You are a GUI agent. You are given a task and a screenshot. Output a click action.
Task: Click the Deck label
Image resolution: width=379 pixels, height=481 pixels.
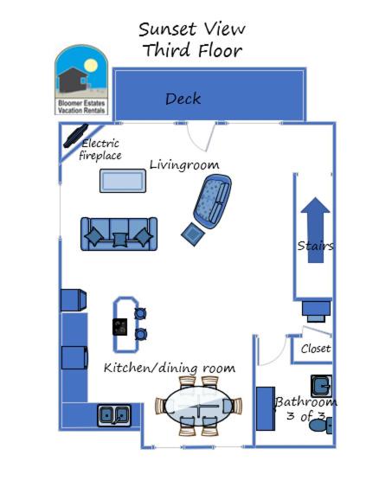point(183,99)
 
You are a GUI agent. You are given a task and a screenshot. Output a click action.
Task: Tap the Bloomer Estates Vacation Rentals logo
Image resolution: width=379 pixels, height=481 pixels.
point(81,80)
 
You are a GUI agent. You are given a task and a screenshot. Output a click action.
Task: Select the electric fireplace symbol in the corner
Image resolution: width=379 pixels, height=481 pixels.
point(75,136)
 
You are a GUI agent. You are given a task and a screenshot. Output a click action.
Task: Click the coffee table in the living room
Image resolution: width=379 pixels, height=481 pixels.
point(123,181)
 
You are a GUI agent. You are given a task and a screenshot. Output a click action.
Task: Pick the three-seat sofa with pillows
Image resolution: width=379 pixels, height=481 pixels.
point(119,234)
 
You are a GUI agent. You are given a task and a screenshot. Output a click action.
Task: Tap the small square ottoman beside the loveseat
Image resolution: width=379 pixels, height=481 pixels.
point(193,234)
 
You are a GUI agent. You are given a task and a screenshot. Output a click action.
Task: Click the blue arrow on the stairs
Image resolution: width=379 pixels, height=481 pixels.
point(316,230)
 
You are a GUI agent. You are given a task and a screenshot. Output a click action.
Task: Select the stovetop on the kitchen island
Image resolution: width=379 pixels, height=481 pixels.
point(119,327)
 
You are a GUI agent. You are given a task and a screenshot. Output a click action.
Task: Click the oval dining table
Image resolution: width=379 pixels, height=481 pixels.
point(198,406)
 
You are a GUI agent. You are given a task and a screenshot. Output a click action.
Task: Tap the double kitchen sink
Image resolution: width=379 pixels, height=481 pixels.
point(114,415)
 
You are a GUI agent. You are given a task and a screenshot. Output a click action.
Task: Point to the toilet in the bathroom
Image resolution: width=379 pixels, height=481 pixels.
point(320,425)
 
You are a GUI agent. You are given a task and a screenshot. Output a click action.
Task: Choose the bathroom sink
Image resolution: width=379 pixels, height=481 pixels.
point(321,386)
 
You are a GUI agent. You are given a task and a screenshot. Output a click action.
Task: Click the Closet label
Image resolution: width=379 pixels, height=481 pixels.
point(316,349)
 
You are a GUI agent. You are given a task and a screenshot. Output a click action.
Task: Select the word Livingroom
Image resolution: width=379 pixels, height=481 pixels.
point(184,165)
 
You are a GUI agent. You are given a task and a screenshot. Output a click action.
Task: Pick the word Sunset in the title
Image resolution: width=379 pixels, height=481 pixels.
point(168,29)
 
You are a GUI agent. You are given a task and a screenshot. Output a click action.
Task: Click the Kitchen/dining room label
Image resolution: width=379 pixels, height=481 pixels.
point(170,368)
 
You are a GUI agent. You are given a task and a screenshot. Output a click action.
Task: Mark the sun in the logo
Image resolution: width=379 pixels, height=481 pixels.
point(91,66)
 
